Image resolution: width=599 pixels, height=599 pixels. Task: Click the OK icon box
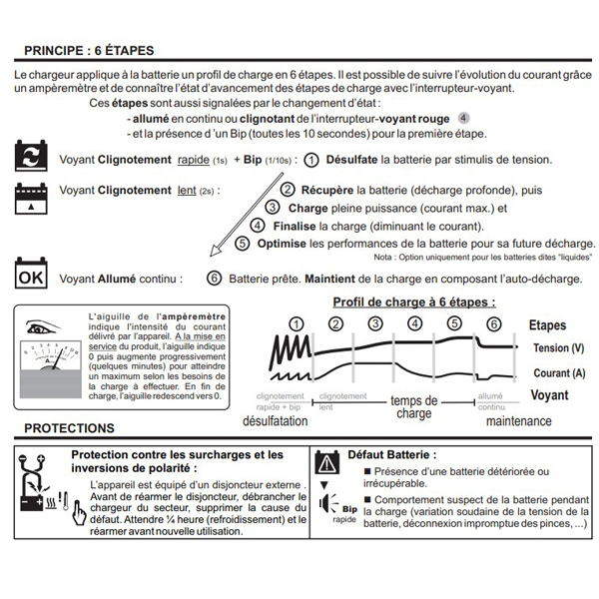32,276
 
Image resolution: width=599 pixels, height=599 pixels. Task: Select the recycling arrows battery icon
32,156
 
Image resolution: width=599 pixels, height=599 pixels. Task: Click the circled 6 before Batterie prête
214,279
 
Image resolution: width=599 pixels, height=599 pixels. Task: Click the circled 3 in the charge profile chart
374,323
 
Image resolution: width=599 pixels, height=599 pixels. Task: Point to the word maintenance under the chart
518,421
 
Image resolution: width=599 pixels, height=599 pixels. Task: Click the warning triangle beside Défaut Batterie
327,463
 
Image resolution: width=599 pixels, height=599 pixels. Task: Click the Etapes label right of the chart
548,325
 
